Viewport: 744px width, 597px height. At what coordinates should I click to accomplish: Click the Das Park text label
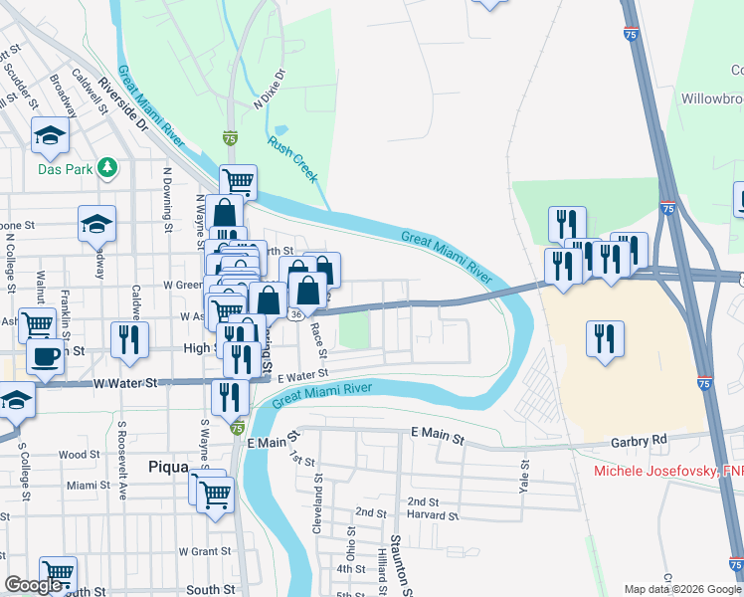coord(66,169)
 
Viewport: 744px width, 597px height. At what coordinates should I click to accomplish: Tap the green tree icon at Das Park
coord(107,168)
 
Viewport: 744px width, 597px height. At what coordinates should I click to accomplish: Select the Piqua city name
coord(168,466)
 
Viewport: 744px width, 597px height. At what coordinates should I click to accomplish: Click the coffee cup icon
coord(45,356)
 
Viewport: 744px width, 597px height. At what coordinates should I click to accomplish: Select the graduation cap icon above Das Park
coord(50,135)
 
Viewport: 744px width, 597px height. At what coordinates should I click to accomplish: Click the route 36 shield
coord(296,313)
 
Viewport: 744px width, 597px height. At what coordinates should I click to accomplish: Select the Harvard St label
coord(433,516)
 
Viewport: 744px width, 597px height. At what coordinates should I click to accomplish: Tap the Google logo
coord(34,585)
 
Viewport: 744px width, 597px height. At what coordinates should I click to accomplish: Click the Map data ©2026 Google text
coord(682,589)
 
